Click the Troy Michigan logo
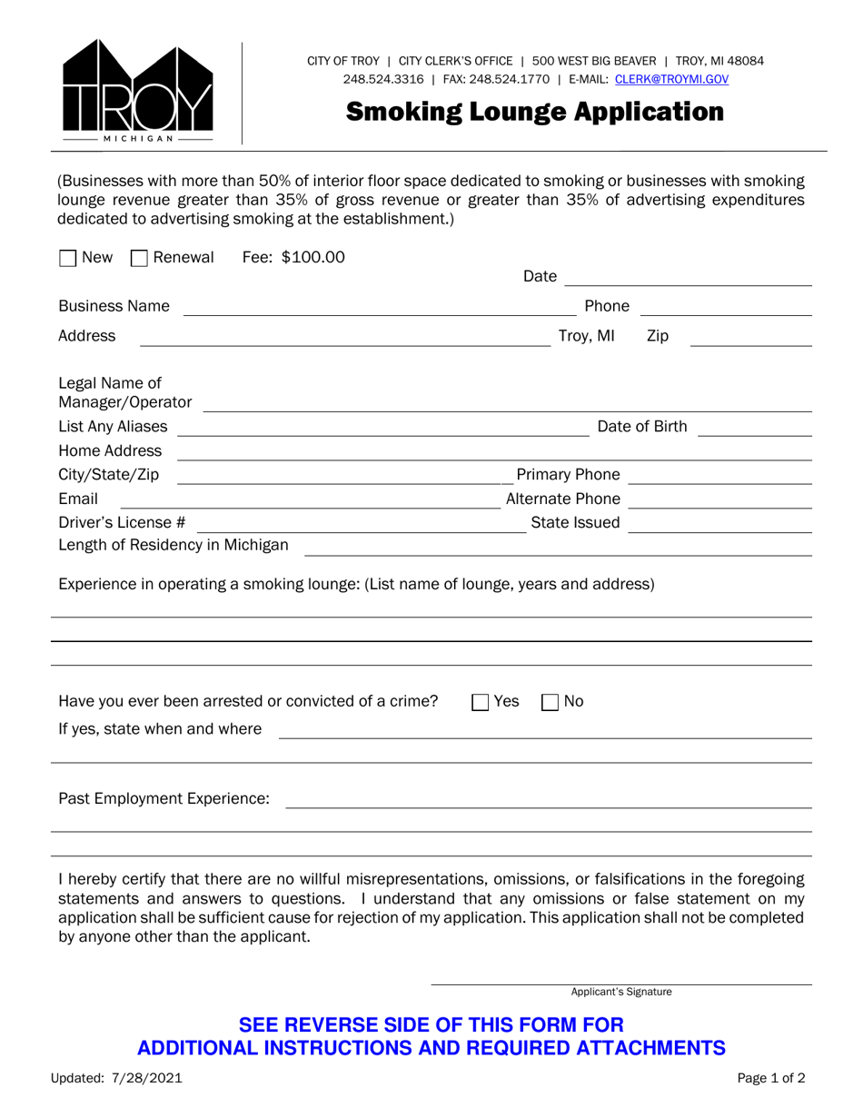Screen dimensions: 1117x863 tap(137, 92)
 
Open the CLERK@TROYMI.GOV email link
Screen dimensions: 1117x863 tap(671, 80)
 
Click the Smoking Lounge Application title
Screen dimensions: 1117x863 tap(535, 112)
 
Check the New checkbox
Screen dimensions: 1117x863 tap(67, 259)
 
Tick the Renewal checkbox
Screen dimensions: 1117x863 tap(139, 259)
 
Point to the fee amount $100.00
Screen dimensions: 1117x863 tap(313, 258)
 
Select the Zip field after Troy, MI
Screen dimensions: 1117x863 tap(750, 338)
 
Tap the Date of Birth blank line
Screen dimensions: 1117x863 tap(754, 428)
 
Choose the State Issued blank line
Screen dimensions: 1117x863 tap(719, 524)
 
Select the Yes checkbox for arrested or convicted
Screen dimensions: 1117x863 tap(481, 702)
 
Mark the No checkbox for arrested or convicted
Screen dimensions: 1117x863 tap(551, 702)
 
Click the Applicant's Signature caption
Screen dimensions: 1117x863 tap(621, 993)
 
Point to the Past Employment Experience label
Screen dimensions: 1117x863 tap(164, 799)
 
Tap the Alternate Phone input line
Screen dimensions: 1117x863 tap(719, 500)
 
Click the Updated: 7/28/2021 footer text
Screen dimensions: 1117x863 tap(117, 1079)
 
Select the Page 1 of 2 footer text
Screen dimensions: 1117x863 tap(770, 1079)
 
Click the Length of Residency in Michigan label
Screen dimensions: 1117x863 tap(174, 546)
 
